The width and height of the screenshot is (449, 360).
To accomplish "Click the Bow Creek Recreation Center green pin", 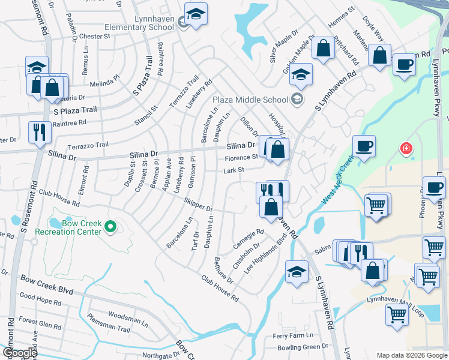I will pos(110,227).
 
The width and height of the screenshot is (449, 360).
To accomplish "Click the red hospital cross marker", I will pos(406,148).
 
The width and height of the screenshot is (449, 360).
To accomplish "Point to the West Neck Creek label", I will pos(338,181).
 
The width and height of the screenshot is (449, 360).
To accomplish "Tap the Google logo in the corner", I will pos(19,352).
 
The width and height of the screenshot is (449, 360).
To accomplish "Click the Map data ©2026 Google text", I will pos(412,355).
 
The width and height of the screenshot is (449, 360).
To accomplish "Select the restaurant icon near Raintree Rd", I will pos(40,132).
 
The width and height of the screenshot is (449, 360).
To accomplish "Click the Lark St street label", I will pos(234,170).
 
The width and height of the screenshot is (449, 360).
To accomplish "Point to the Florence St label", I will pos(241,158).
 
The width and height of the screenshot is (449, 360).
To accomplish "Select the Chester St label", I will pos(95,36).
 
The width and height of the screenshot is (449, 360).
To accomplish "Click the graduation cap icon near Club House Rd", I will pos(297,271).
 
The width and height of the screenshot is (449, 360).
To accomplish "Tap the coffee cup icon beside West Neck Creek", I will pos(364,145).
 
